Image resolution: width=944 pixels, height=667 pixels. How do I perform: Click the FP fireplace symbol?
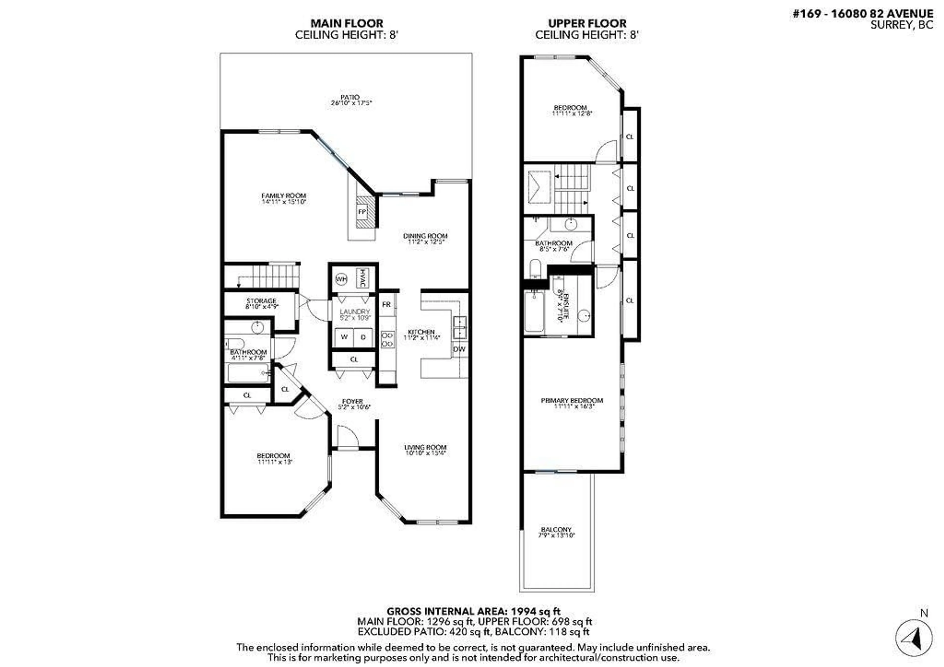pyautogui.click(x=362, y=212)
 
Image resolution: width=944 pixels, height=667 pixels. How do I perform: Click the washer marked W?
pyautogui.click(x=344, y=337)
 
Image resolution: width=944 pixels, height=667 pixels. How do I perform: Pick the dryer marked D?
pyautogui.click(x=363, y=337)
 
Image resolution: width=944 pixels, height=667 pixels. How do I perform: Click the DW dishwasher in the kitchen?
pyautogui.click(x=459, y=349)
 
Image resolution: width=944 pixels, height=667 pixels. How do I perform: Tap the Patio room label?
pyautogui.click(x=350, y=97)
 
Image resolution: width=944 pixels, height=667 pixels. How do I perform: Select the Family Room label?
pyautogui.click(x=284, y=196)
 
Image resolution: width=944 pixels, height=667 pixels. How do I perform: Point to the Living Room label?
pyautogui.click(x=425, y=447)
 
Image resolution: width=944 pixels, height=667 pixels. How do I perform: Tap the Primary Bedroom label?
pyautogui.click(x=572, y=400)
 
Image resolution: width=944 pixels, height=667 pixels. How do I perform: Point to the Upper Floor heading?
pyautogui.click(x=587, y=23)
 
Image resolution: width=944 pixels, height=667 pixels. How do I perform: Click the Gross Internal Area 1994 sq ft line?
pyautogui.click(x=473, y=611)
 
